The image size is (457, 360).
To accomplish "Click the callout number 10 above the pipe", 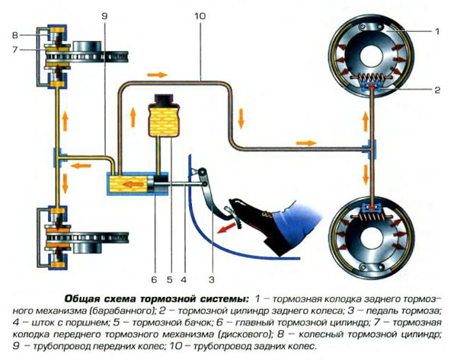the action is (200, 16).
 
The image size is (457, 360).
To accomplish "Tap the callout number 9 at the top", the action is (104, 16).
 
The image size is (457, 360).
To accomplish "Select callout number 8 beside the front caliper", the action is (15, 35).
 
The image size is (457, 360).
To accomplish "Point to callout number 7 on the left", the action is (15, 49).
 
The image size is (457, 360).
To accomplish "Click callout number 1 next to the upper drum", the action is (437, 31).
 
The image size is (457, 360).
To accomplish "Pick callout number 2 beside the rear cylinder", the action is (437, 90).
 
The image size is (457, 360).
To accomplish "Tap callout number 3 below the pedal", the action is (212, 280).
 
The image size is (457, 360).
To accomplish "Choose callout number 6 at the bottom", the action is (154, 280).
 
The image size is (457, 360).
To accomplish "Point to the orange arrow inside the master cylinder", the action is (133, 184).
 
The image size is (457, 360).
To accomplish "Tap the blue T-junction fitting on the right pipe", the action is (372, 150).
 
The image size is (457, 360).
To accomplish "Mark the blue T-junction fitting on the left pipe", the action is (58, 158).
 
